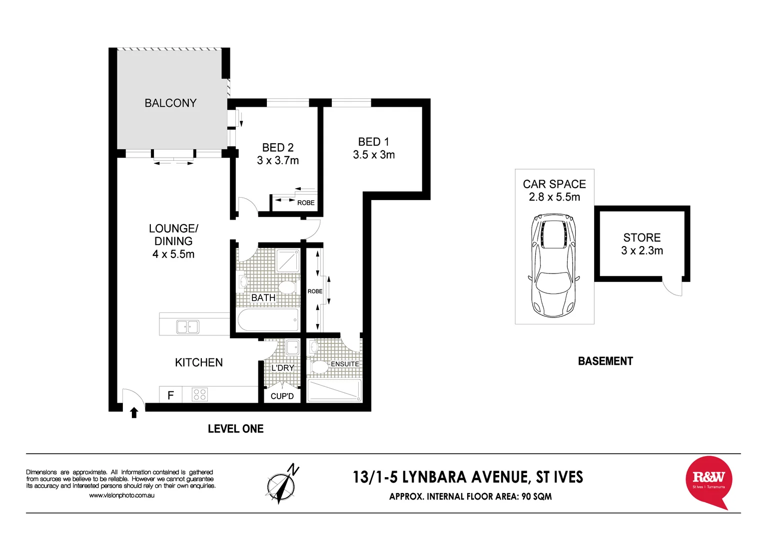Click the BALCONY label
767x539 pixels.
point(170,103)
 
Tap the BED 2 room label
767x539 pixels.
point(278,148)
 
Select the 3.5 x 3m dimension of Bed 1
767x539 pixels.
point(374,155)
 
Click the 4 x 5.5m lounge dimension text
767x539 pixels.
point(173,254)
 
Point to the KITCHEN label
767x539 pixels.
point(199,363)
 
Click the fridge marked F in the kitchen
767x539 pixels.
point(171,395)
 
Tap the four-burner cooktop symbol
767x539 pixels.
point(200,395)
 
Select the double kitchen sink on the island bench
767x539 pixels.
point(187,327)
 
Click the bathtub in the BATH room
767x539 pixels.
point(268,320)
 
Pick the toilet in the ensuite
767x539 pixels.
point(319,368)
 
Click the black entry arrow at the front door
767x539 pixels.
point(134,413)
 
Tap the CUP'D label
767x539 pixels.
point(282,396)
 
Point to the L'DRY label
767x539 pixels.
point(283,368)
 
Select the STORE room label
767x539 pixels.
point(642,238)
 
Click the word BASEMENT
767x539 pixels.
point(605,361)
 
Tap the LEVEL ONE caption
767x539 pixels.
point(235,429)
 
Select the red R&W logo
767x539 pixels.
point(709,481)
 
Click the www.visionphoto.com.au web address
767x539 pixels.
point(121,496)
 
